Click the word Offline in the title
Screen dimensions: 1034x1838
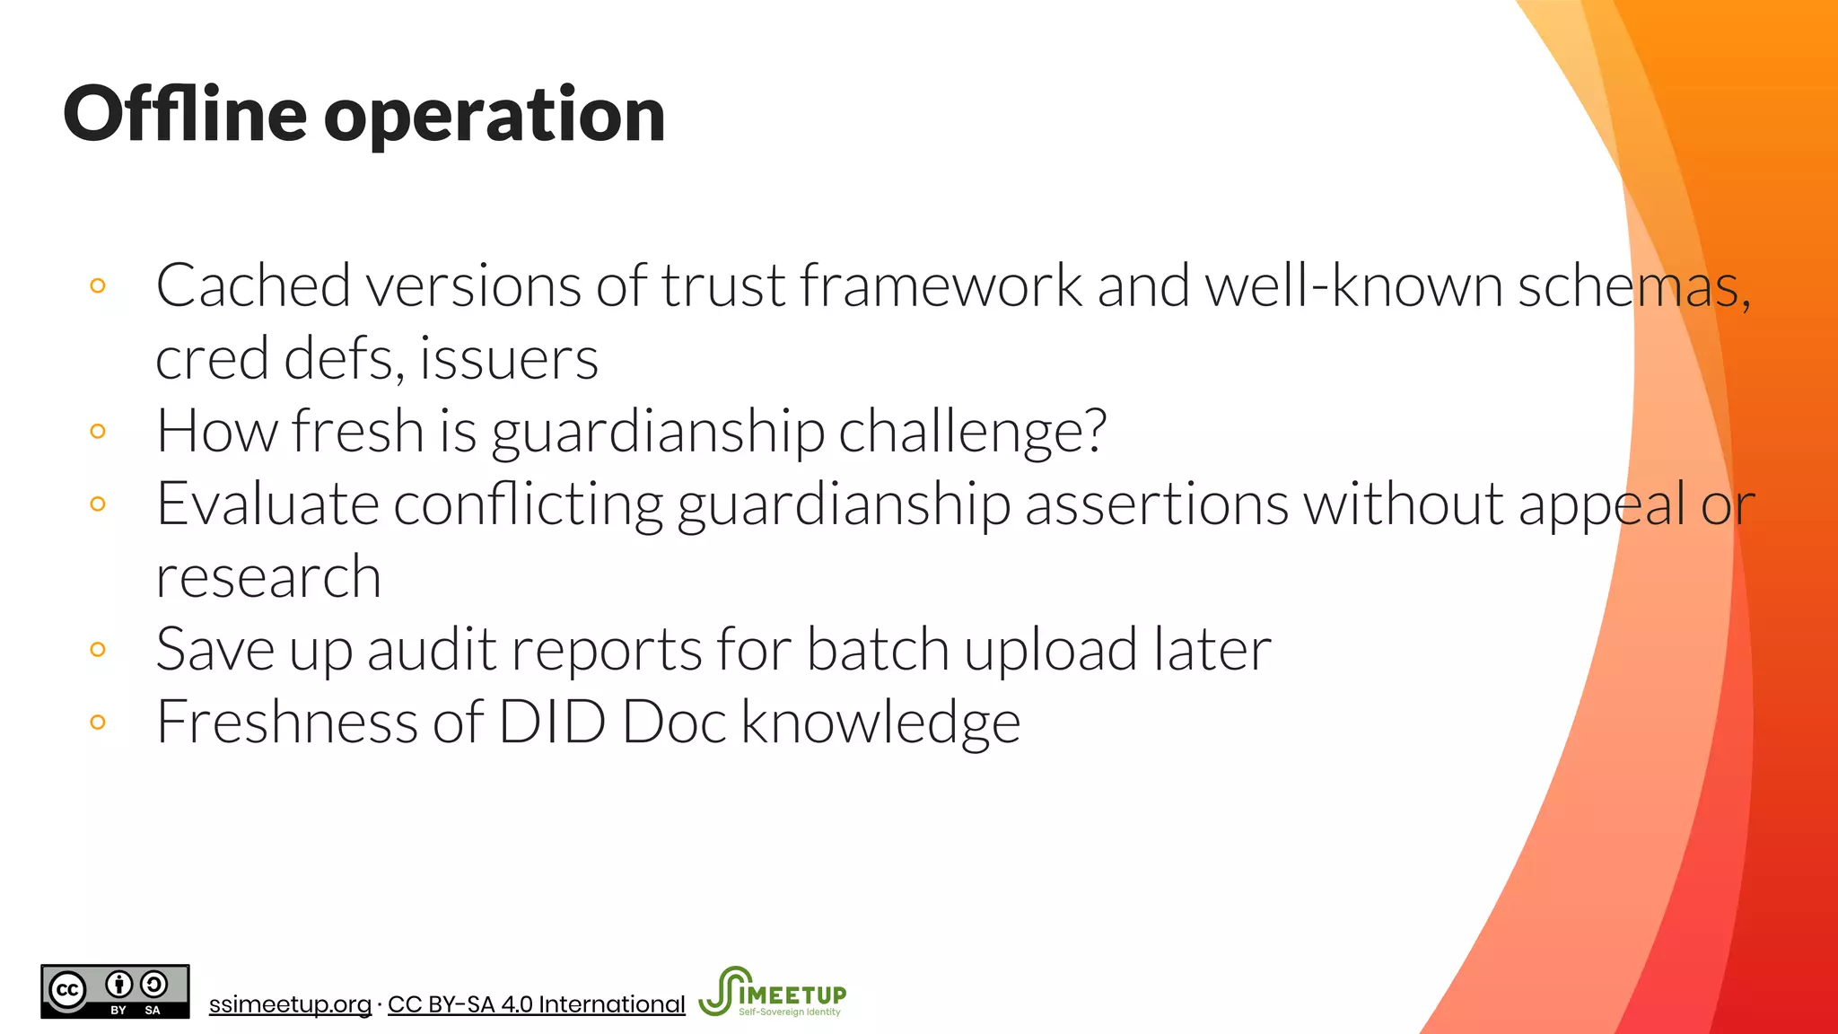(x=185, y=114)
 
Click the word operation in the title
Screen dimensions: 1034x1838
(x=495, y=117)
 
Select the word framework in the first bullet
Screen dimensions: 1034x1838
(x=941, y=286)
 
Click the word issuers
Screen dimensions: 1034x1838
(x=509, y=359)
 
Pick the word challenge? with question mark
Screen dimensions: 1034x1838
(x=973, y=432)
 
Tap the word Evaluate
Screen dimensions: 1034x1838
(x=267, y=504)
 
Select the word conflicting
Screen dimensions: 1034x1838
(x=528, y=504)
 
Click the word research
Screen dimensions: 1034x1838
(x=268, y=577)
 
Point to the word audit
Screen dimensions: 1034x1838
(x=432, y=649)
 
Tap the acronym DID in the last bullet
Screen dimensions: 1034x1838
(x=552, y=722)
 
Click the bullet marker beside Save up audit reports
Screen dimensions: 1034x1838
(x=98, y=649)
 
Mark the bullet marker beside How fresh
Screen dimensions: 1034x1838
(x=98, y=431)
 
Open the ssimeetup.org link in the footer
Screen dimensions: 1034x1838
(x=290, y=1004)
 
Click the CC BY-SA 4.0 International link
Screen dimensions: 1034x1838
(x=536, y=1004)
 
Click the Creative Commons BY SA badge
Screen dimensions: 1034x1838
(x=115, y=992)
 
